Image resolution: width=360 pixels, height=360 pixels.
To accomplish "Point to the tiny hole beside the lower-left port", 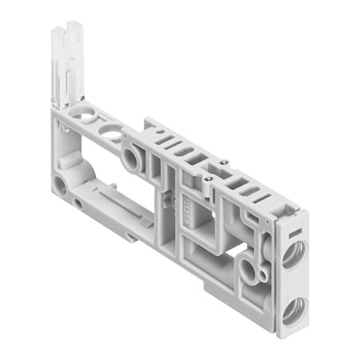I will (x=78, y=202).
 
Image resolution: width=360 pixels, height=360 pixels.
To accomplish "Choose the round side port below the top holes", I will (x=129, y=158).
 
